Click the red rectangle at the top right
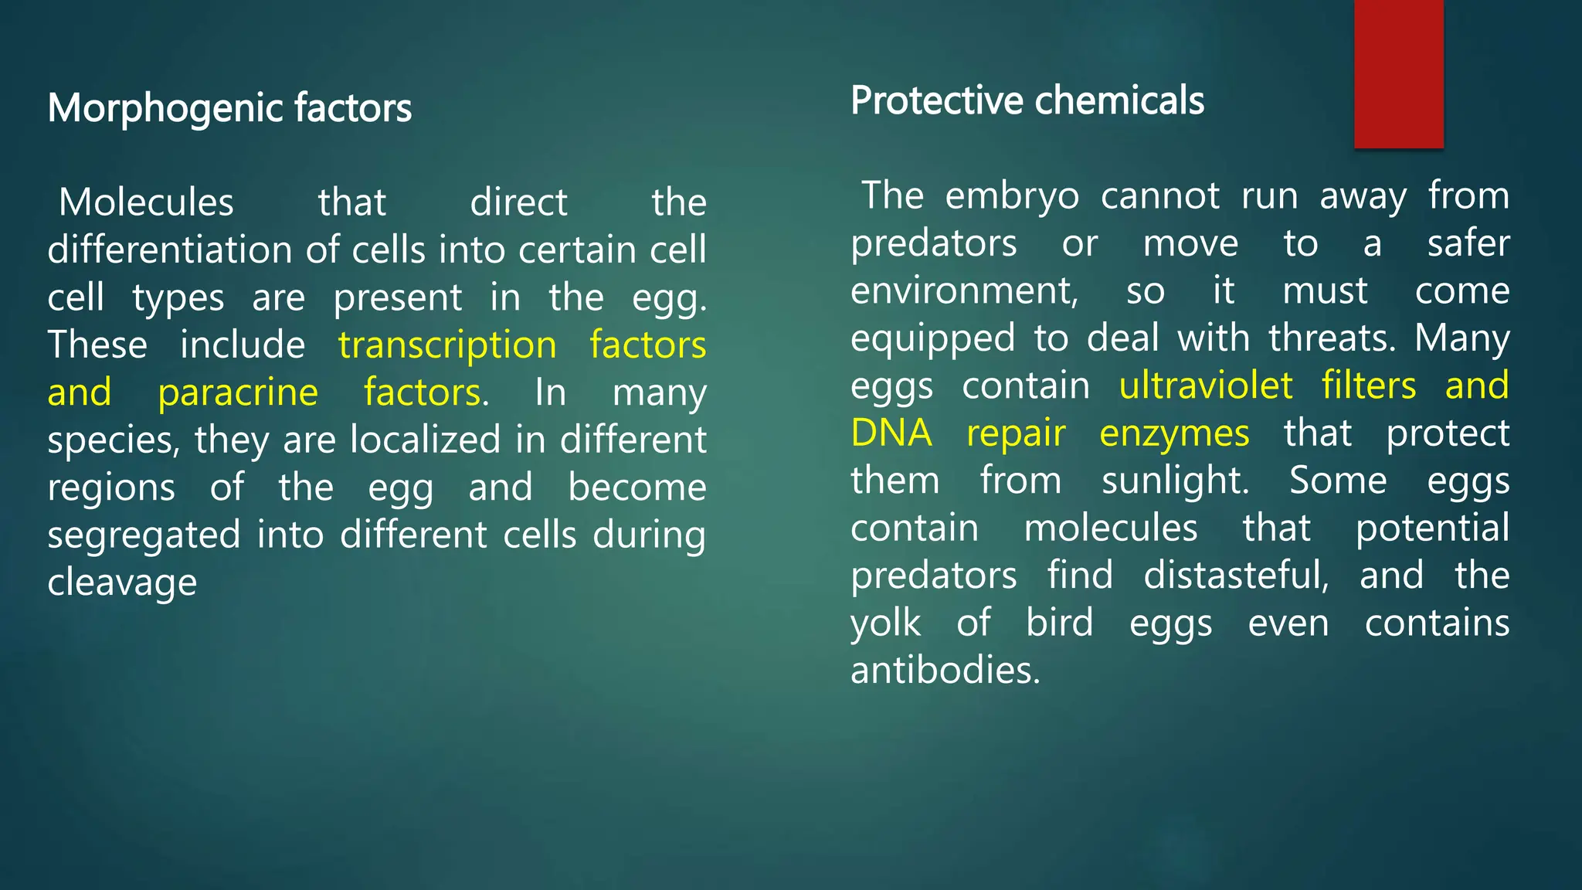point(1398,73)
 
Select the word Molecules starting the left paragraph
point(146,203)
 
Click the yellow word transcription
point(447,345)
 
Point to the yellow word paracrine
point(238,392)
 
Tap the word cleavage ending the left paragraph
point(122,582)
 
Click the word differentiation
point(169,250)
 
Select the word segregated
point(144,535)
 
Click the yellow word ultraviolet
point(1206,386)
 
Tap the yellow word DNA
point(891,433)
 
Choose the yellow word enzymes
point(1173,433)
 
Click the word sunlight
point(1175,481)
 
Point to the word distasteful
point(1236,576)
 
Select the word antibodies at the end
point(945,670)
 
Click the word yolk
point(885,623)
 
